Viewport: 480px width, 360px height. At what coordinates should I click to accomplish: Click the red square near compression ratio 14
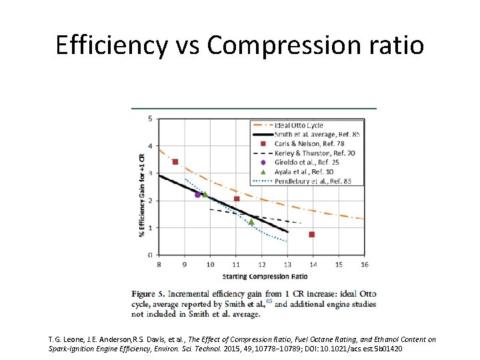click(312, 234)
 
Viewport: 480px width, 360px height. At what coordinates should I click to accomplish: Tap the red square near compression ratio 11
click(237, 199)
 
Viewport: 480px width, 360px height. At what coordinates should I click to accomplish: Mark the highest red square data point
click(175, 162)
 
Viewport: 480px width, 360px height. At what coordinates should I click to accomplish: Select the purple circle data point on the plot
click(197, 195)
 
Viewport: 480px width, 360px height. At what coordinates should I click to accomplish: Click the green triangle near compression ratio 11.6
click(251, 222)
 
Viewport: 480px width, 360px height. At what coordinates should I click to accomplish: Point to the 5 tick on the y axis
click(150, 119)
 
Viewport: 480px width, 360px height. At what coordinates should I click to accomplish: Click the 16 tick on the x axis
click(363, 265)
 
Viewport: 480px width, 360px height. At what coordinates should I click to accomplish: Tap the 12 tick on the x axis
click(261, 265)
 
